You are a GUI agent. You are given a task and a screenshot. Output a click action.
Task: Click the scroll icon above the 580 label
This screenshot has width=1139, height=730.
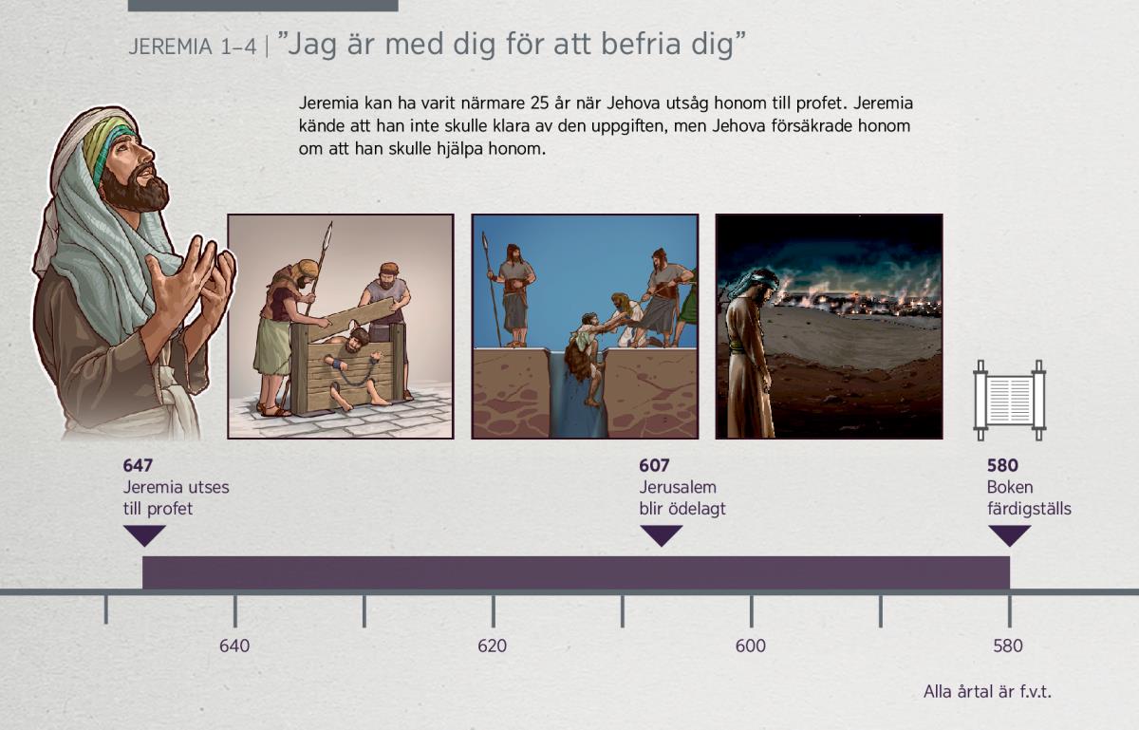1009,401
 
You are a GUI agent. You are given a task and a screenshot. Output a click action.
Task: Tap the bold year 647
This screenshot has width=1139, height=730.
138,465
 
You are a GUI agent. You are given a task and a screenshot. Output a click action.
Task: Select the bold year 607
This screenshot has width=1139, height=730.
654,465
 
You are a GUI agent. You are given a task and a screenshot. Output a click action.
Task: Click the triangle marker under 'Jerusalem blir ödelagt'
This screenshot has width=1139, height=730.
661,535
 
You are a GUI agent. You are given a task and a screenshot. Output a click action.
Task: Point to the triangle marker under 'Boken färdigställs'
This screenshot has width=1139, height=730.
1009,535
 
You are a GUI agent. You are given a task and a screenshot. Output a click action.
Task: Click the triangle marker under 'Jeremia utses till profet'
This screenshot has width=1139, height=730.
144,535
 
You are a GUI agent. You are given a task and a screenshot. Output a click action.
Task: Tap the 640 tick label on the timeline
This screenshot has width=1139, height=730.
234,646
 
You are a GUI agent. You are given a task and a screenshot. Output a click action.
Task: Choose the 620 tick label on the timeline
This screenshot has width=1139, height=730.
493,646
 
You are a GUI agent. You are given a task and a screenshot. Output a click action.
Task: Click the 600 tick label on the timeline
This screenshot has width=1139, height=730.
751,646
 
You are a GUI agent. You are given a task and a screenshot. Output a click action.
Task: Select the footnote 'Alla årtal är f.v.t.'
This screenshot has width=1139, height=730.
987,692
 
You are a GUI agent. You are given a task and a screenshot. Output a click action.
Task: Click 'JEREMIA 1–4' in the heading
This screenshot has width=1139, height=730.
192,47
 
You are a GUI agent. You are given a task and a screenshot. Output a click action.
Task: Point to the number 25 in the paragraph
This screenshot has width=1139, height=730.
540,103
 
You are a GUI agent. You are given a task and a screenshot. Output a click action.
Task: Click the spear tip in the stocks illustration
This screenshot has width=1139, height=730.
329,232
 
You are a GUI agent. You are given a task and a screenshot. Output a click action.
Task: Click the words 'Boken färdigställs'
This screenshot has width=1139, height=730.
1029,497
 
